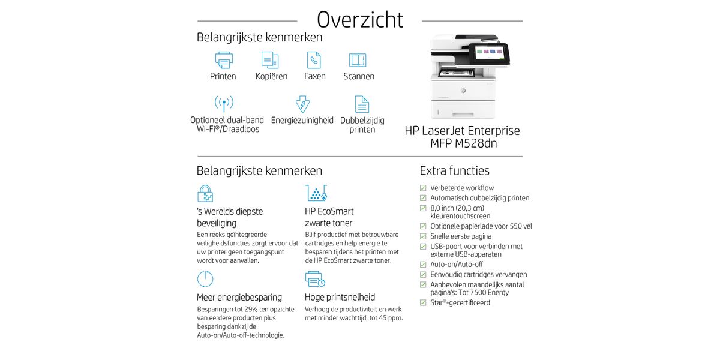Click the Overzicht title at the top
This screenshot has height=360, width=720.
[x=360, y=19]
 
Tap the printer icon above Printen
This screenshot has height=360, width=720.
[x=224, y=60]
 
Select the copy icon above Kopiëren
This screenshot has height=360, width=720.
[x=270, y=60]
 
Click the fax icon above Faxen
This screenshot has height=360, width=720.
[x=314, y=60]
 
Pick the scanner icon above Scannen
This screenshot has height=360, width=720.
[x=358, y=60]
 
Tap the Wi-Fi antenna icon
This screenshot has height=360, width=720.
[x=224, y=103]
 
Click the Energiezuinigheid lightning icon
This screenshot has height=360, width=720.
[x=302, y=104]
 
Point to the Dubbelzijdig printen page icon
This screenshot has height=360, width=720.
[x=362, y=104]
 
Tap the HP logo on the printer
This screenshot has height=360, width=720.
[x=463, y=91]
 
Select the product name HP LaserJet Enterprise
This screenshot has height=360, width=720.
[x=462, y=131]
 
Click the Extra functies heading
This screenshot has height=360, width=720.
[x=454, y=171]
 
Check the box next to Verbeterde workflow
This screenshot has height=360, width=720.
[x=423, y=188]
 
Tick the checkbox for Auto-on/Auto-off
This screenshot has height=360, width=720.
[x=423, y=265]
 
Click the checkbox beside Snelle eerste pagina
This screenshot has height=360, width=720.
[x=423, y=236]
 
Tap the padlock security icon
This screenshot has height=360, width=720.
[x=205, y=193]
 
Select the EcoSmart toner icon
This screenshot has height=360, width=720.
[x=316, y=193]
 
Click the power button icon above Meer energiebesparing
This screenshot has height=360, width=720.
[x=205, y=279]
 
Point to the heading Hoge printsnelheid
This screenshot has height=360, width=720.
[x=340, y=297]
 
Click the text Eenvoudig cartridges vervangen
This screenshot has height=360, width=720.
[x=478, y=274]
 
